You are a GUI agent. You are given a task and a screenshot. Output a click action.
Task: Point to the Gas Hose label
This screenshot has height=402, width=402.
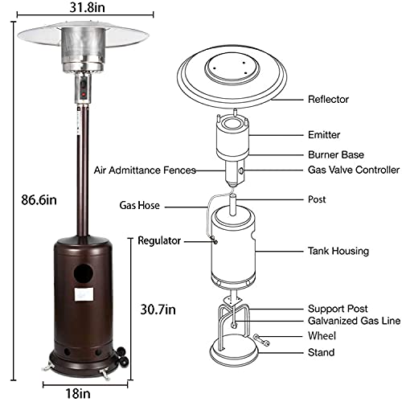click(x=140, y=206)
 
